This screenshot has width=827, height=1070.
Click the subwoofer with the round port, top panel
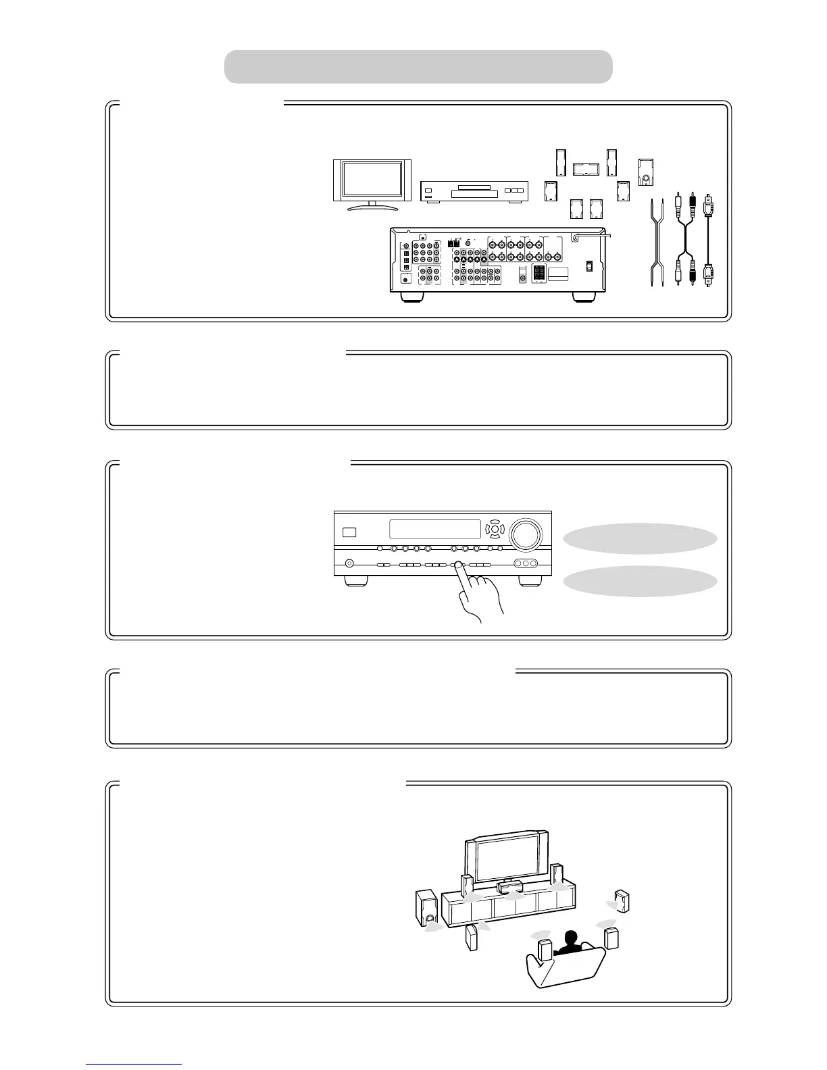646,173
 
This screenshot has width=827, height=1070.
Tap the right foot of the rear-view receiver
582,297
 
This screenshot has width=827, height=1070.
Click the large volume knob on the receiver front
525,534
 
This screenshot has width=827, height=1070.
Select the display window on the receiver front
434,530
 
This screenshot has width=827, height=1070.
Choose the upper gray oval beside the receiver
639,538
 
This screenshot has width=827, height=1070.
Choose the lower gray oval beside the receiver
639,581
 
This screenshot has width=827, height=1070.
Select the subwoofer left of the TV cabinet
426,907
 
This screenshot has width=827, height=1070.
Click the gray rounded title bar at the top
418,66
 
